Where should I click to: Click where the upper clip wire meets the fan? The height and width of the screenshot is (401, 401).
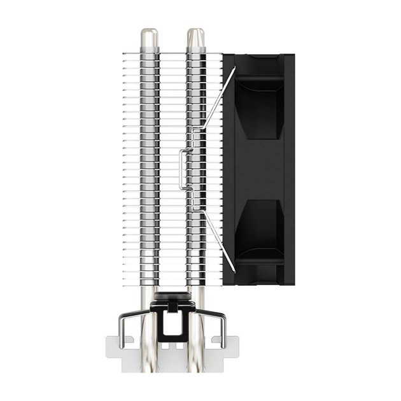(234, 67)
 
